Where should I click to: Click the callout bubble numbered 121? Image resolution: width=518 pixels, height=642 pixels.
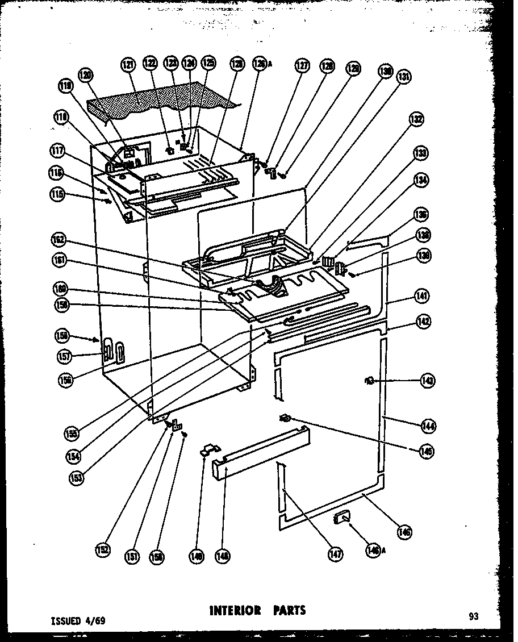[128, 65]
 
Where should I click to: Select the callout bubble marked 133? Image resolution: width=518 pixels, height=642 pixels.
[421, 153]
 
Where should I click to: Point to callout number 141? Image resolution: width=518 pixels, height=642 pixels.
[422, 296]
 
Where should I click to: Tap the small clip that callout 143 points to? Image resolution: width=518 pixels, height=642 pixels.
[368, 381]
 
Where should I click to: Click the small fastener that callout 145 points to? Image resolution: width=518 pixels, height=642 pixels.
[285, 419]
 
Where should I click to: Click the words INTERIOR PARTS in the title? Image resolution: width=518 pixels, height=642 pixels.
[258, 611]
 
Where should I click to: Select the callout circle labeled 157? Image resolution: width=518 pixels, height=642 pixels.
[65, 356]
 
